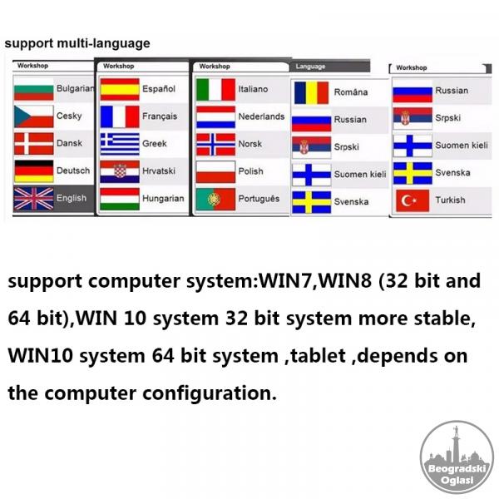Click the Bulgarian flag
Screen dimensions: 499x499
click(x=34, y=90)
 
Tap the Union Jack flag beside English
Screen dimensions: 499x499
click(x=34, y=199)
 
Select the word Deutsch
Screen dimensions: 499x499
click(x=73, y=170)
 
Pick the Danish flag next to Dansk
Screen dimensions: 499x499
click(x=34, y=144)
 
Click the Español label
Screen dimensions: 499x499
click(x=159, y=89)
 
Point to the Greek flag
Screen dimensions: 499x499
click(x=120, y=144)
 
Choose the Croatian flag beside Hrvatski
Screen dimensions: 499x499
click(x=120, y=171)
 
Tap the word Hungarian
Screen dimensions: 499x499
click(x=163, y=199)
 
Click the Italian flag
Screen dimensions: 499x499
click(x=215, y=90)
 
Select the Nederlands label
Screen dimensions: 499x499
click(x=262, y=116)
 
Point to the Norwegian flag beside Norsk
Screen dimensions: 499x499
click(x=215, y=145)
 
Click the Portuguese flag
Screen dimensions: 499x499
click(x=215, y=200)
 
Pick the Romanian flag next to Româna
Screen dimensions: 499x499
click(x=311, y=93)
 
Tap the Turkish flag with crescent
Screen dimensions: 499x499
click(x=413, y=200)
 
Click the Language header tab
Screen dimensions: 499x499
click(x=329, y=67)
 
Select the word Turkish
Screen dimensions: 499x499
click(x=450, y=200)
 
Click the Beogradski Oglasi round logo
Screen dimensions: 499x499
click(x=457, y=457)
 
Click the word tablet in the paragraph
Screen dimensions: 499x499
click(x=319, y=355)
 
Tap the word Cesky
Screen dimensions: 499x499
click(x=69, y=116)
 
